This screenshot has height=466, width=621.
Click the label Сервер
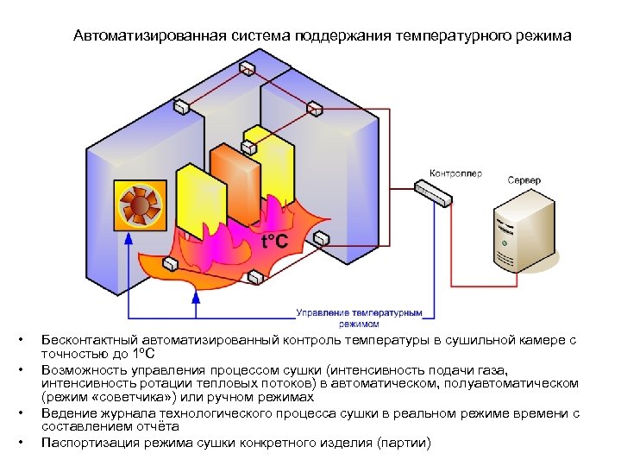click(524, 180)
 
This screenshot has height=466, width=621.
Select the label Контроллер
click(455, 173)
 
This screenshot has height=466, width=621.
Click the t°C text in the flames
click(274, 241)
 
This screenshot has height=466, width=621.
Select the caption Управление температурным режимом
click(360, 318)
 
